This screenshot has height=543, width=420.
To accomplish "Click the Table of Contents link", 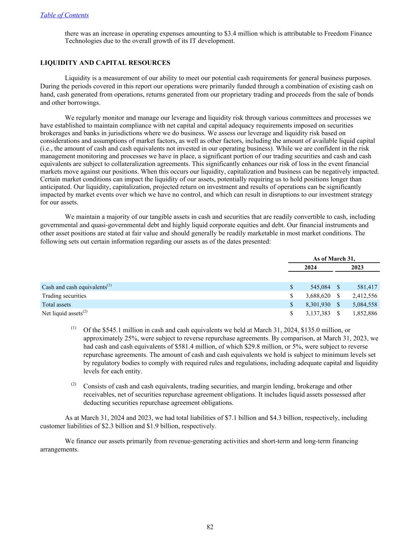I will pos(64,15).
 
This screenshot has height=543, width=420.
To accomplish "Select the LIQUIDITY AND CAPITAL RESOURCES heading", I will pos(105,63).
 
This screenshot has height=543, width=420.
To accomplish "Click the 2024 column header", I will pos(311,267).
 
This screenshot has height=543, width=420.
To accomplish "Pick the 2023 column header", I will pos(357,267).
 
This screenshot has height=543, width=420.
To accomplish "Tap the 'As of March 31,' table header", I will pos(334,259).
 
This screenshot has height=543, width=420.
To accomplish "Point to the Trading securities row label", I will pos(64,296).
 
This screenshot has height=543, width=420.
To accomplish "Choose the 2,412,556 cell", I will pos(364,296).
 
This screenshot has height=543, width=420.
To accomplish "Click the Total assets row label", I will pos(57,304).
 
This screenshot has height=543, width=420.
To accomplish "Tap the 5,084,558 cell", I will pos(364,304).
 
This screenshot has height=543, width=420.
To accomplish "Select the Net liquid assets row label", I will pos(63,313).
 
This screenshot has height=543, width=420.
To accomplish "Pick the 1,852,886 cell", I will pos(364,313).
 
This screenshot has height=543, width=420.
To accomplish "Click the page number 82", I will pos(210,527).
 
